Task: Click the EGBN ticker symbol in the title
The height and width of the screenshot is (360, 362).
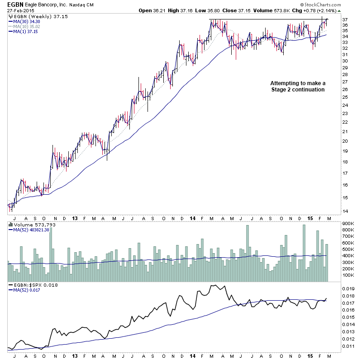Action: coord(15,4)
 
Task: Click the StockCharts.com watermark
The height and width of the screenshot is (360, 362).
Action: coord(336,4)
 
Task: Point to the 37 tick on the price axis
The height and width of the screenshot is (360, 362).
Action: coord(345,20)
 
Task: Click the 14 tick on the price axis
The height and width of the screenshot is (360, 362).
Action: coord(345,211)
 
